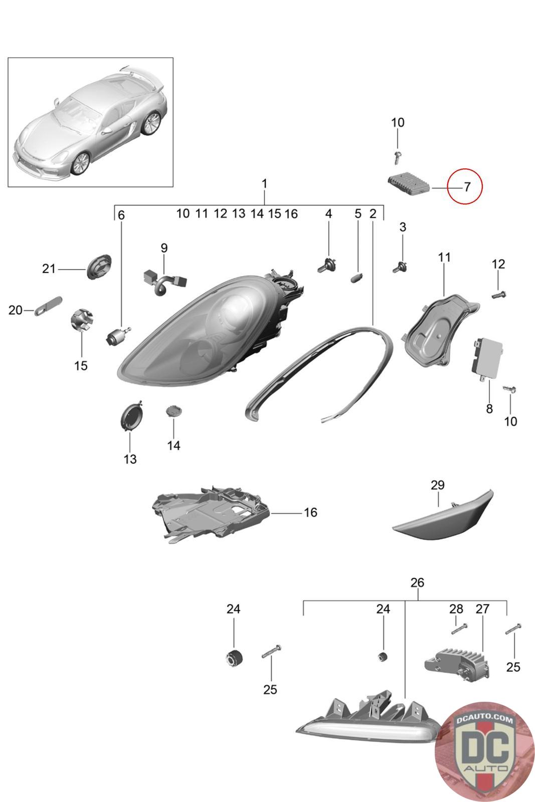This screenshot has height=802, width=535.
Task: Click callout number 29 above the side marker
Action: pyautogui.click(x=437, y=485)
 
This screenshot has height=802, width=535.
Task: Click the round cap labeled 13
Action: pyautogui.click(x=131, y=416)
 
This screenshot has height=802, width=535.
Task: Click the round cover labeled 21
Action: pyautogui.click(x=98, y=267)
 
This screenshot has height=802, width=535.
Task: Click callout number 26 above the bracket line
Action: pyautogui.click(x=417, y=582)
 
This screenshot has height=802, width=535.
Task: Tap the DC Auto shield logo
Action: pyautogui.click(x=484, y=751)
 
